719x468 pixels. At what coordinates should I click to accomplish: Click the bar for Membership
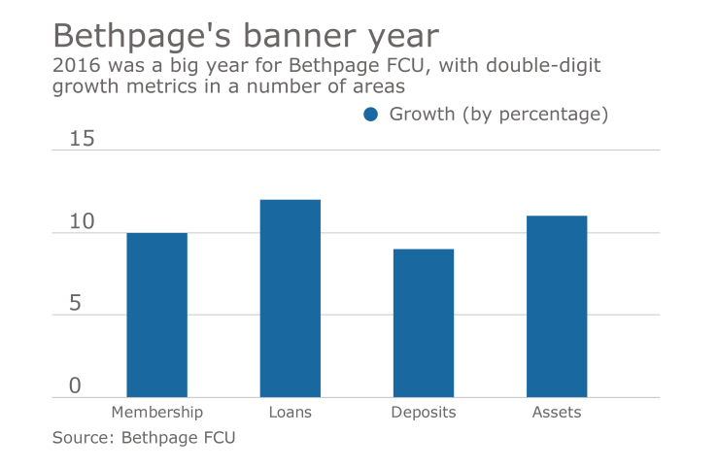click(x=156, y=315)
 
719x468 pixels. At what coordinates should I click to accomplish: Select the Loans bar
click(x=290, y=298)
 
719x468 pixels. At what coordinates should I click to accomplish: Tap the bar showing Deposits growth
click(x=423, y=323)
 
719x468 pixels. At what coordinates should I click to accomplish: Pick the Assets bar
click(x=557, y=306)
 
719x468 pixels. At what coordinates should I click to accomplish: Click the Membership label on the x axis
click(x=156, y=412)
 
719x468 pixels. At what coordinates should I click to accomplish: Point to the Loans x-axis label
click(x=290, y=412)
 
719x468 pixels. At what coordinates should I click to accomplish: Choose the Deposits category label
click(x=423, y=412)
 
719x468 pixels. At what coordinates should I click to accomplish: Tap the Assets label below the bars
click(x=557, y=412)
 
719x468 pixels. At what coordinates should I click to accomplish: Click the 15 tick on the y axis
click(x=83, y=139)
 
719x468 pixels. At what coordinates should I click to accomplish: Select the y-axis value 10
click(x=83, y=222)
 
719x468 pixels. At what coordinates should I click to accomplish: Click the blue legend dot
click(x=370, y=115)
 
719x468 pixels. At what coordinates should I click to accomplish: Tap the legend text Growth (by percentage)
click(x=498, y=115)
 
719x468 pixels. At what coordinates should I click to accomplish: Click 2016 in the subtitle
click(x=73, y=67)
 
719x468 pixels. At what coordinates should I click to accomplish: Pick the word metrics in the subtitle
click(x=147, y=87)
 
